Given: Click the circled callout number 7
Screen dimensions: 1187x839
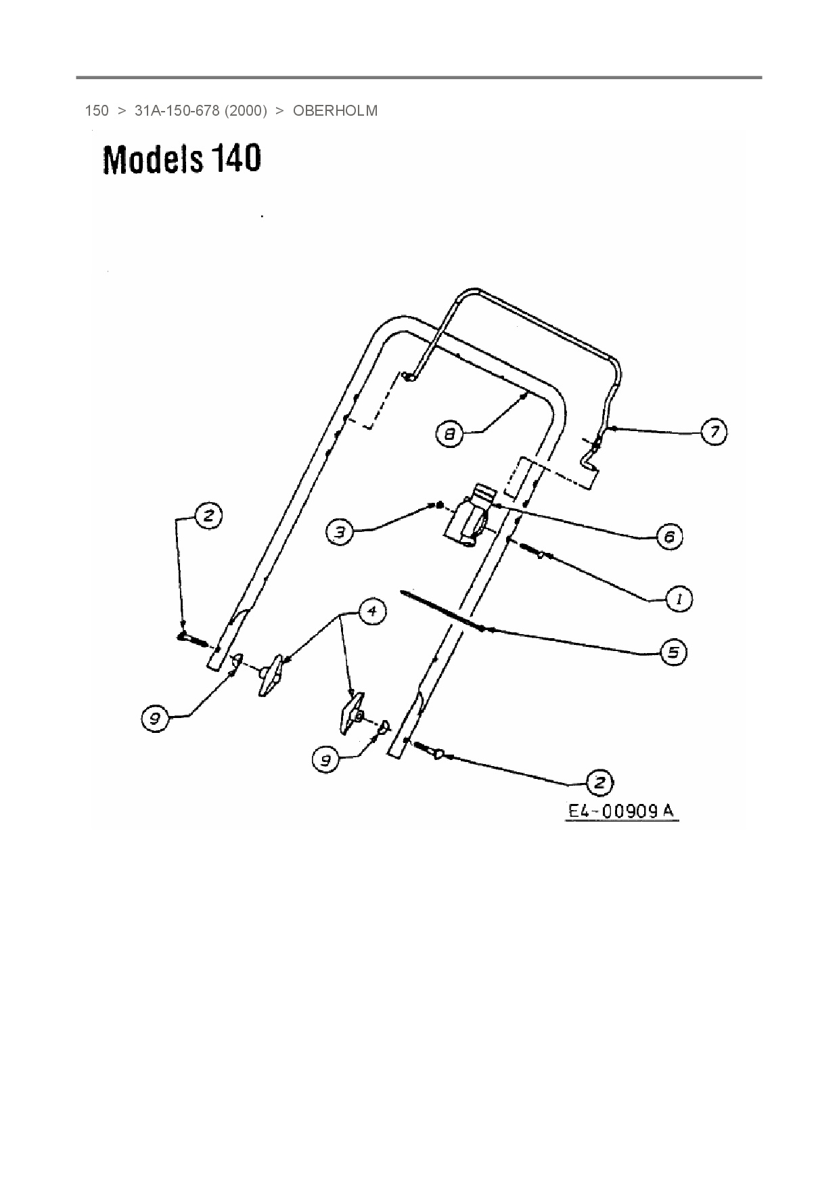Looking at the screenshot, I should (715, 431).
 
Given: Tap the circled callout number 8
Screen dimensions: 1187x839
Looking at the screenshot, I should (450, 433).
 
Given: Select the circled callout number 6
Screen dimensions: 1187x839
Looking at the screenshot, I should (669, 537).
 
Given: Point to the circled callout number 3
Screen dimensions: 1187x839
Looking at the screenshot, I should (340, 532).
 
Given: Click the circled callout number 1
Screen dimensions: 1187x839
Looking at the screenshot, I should (679, 599).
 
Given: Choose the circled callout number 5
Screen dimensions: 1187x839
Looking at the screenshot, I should (673, 652).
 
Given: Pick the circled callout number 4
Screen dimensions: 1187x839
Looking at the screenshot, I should (371, 611).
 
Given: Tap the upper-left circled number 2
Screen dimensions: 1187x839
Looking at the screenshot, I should (208, 516).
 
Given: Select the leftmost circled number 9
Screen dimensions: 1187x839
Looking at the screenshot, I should (155, 717).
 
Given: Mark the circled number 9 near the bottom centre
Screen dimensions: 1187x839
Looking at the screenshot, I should (325, 760).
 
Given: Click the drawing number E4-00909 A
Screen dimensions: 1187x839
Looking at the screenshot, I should (621, 811).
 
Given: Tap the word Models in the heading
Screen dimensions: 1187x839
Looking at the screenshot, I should (153, 160).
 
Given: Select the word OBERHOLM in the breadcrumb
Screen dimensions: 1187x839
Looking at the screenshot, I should (335, 111).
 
